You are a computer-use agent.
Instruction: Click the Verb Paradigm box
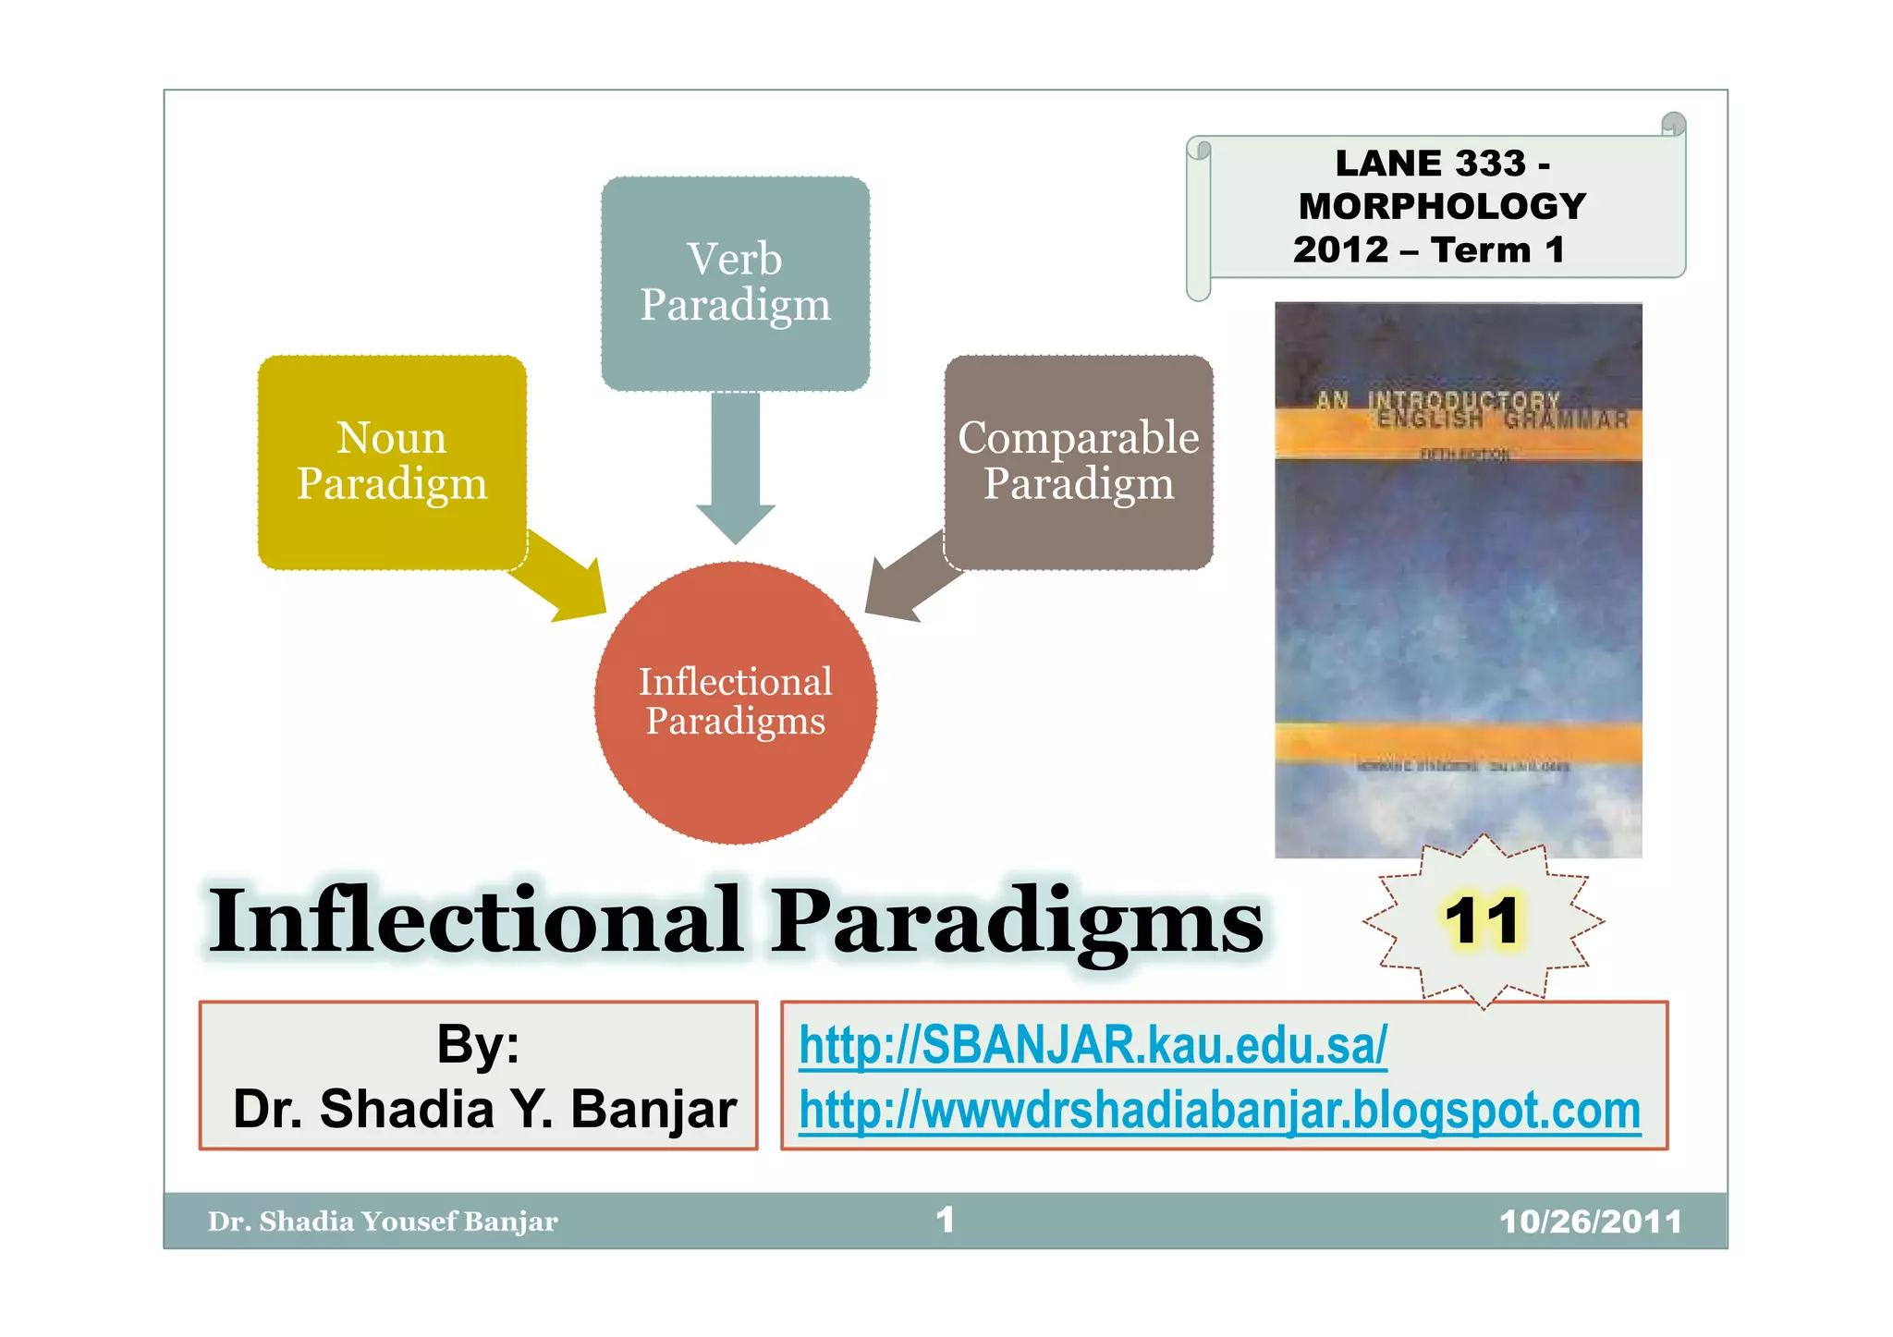735,282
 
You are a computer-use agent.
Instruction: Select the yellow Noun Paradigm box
392,461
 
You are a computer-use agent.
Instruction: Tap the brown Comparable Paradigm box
1078,461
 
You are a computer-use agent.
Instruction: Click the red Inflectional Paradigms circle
735,702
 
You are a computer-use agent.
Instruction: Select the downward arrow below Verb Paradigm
735,471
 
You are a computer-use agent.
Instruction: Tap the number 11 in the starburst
1482,920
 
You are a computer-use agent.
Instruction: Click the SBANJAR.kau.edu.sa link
1093,1045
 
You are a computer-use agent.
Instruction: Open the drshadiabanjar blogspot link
1219,1110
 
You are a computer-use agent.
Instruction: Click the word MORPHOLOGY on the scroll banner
1442,206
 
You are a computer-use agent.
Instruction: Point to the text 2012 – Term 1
1429,249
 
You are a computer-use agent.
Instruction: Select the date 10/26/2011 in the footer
1590,1222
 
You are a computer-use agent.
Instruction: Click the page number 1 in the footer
945,1220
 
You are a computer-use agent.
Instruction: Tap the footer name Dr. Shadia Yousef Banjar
383,1222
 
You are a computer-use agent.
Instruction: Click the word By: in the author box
478,1044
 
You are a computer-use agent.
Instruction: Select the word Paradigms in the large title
1017,921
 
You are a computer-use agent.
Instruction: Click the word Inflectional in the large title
476,921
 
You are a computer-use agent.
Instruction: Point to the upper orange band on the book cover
1458,432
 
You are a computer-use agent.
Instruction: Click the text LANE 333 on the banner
1431,164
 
